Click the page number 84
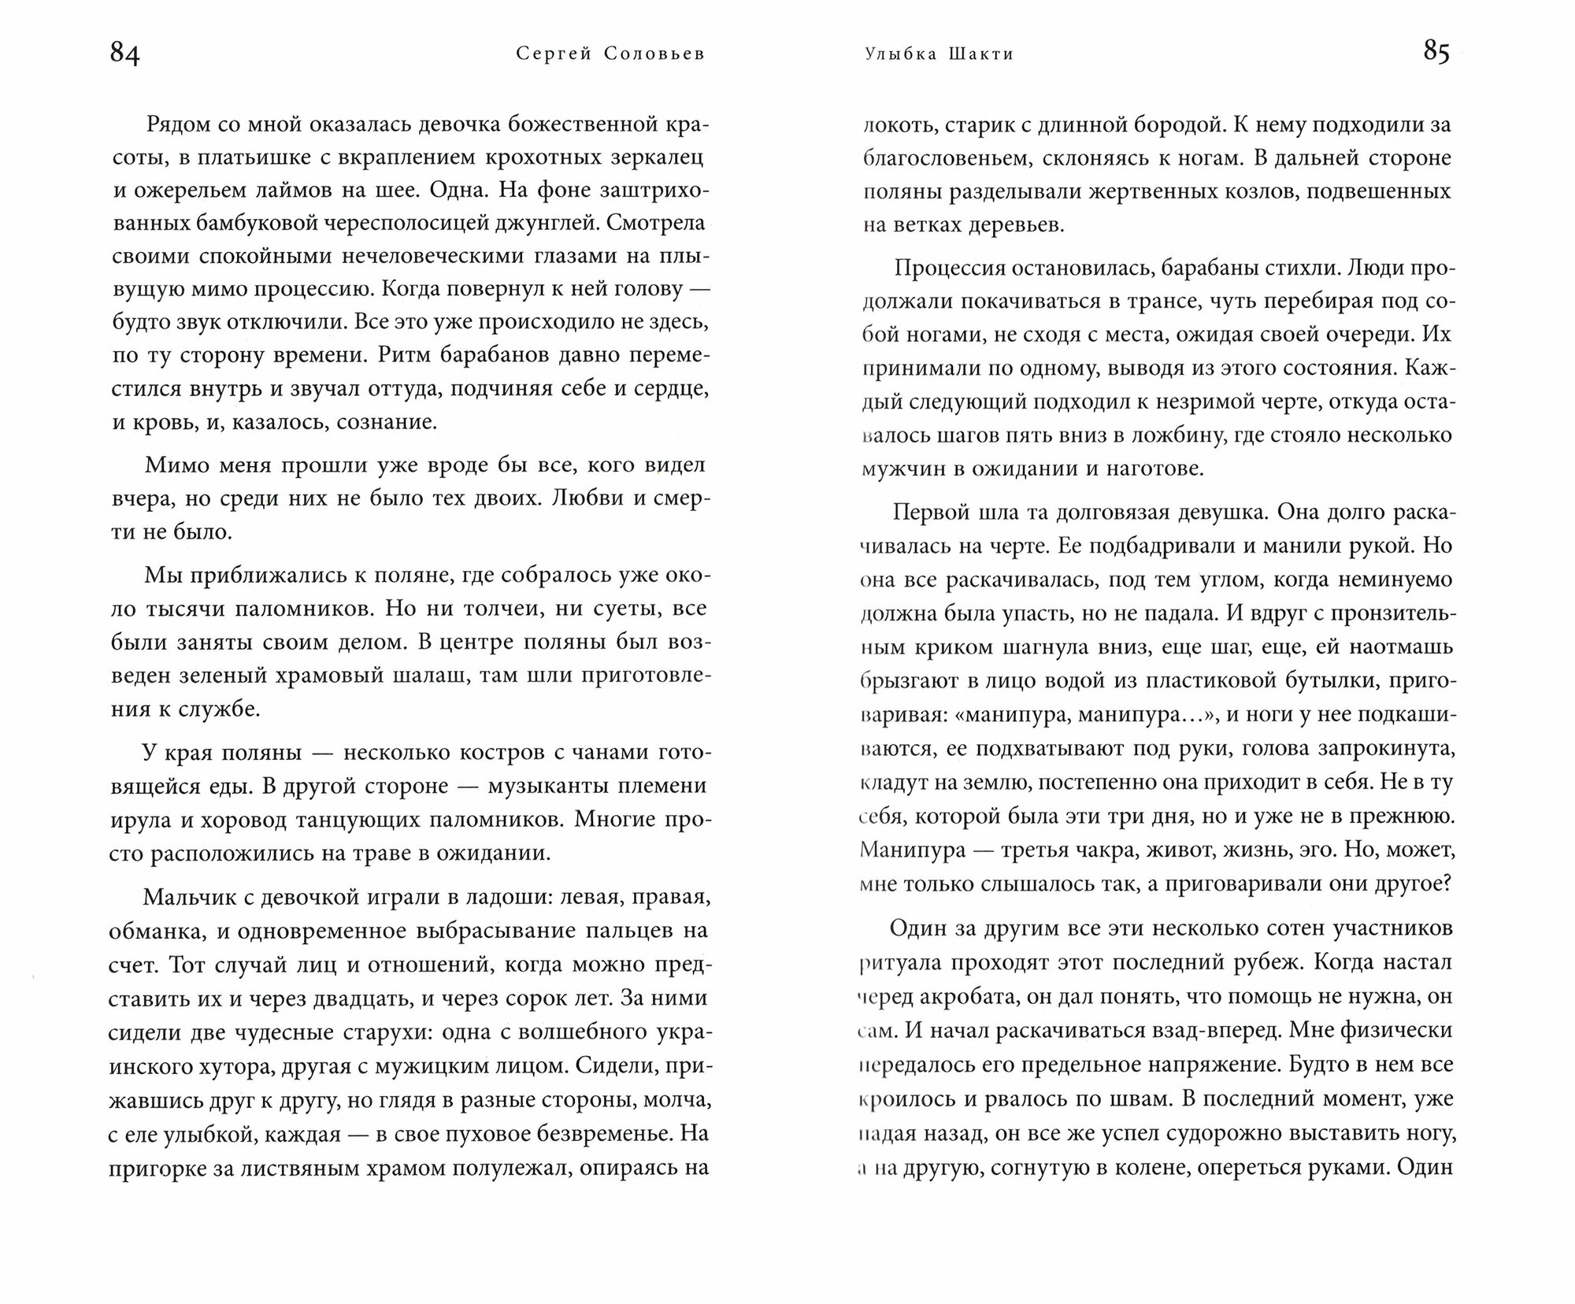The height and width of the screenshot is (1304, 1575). coord(125,54)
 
